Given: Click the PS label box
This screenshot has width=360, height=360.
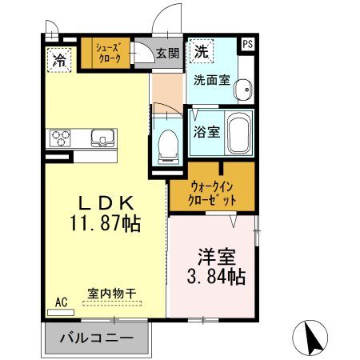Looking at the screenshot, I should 248,45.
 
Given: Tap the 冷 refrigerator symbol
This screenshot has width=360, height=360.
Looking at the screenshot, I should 59,58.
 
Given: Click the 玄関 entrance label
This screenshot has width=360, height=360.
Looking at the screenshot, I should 167,53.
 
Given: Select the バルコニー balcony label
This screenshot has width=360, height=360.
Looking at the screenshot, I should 96,338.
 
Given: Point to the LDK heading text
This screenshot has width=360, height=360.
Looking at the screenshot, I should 104,201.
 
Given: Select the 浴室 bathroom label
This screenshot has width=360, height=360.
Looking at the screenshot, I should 206,132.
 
